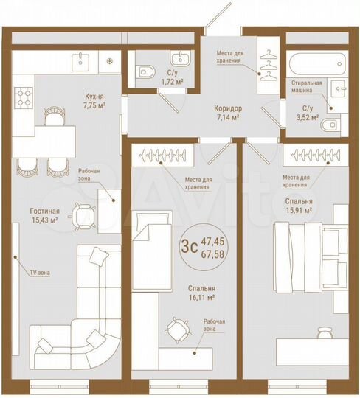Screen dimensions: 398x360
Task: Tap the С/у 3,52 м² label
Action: (x=306, y=113)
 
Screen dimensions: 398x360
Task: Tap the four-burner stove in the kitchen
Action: (x=24, y=95)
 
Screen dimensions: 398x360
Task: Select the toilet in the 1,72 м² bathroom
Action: (x=144, y=71)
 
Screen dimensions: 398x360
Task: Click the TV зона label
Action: (x=40, y=273)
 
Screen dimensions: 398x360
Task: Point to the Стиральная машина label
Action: (x=306, y=87)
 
